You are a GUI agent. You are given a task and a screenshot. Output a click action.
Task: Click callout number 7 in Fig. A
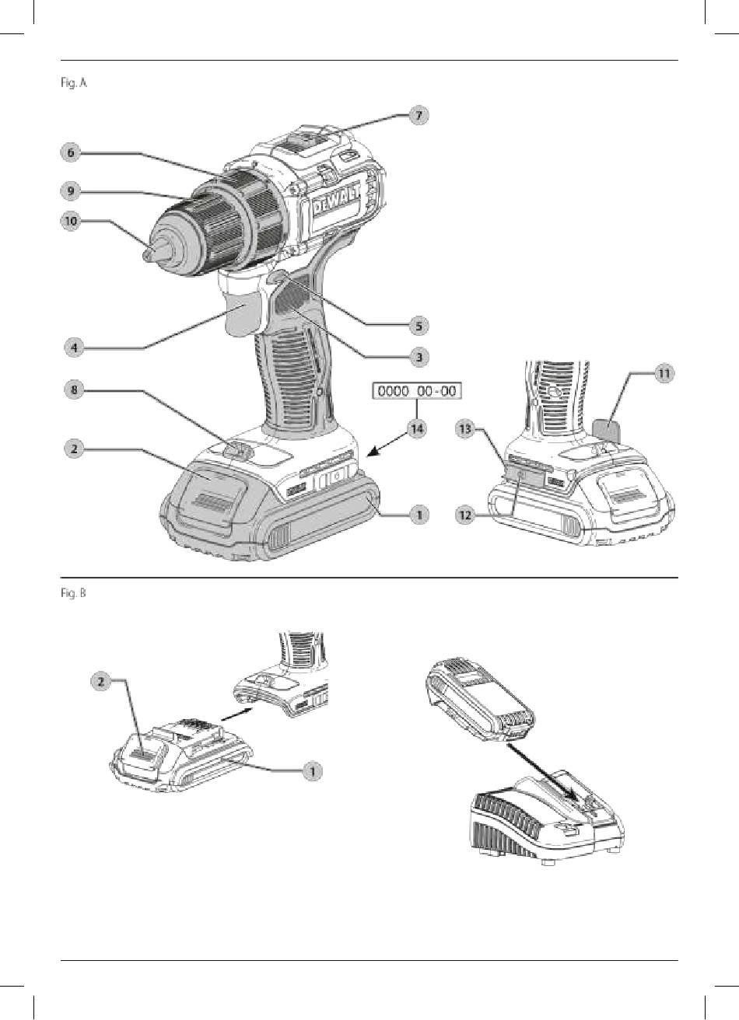tap(419, 115)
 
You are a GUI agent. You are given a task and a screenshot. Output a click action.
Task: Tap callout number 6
tap(71, 153)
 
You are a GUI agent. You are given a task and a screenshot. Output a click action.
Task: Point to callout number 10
tap(71, 221)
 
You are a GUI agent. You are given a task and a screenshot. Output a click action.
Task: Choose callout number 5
tap(419, 324)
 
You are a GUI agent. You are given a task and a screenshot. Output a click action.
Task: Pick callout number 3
tap(419, 357)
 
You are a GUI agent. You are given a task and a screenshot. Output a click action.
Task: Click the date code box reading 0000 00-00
tap(417, 391)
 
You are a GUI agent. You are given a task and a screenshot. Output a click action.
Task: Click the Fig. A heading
tap(76, 81)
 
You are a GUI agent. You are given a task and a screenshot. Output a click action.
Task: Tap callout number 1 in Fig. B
tap(310, 770)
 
